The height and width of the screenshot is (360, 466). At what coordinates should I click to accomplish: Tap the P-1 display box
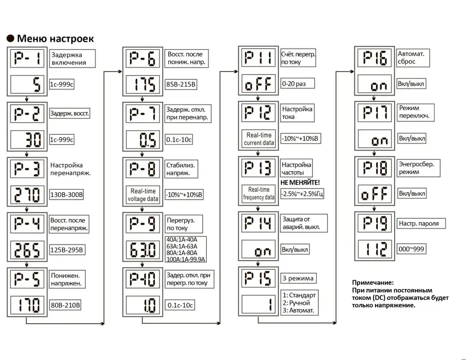click(27, 59)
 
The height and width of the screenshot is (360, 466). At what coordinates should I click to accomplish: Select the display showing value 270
click(27, 194)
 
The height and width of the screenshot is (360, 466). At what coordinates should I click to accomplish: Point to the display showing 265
click(27, 250)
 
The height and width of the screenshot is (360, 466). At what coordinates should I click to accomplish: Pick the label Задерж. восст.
click(69, 113)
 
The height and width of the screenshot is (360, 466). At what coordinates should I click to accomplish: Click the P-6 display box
click(142, 59)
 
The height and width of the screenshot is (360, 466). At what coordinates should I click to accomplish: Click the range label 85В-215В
click(182, 85)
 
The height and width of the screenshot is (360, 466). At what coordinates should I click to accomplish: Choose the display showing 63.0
click(142, 250)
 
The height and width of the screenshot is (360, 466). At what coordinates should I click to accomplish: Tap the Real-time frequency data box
click(259, 194)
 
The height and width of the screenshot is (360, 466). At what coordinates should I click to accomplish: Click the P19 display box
click(374, 223)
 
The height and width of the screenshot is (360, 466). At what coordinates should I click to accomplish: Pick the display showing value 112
click(374, 250)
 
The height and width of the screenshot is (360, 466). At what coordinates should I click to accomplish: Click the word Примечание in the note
click(373, 283)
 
